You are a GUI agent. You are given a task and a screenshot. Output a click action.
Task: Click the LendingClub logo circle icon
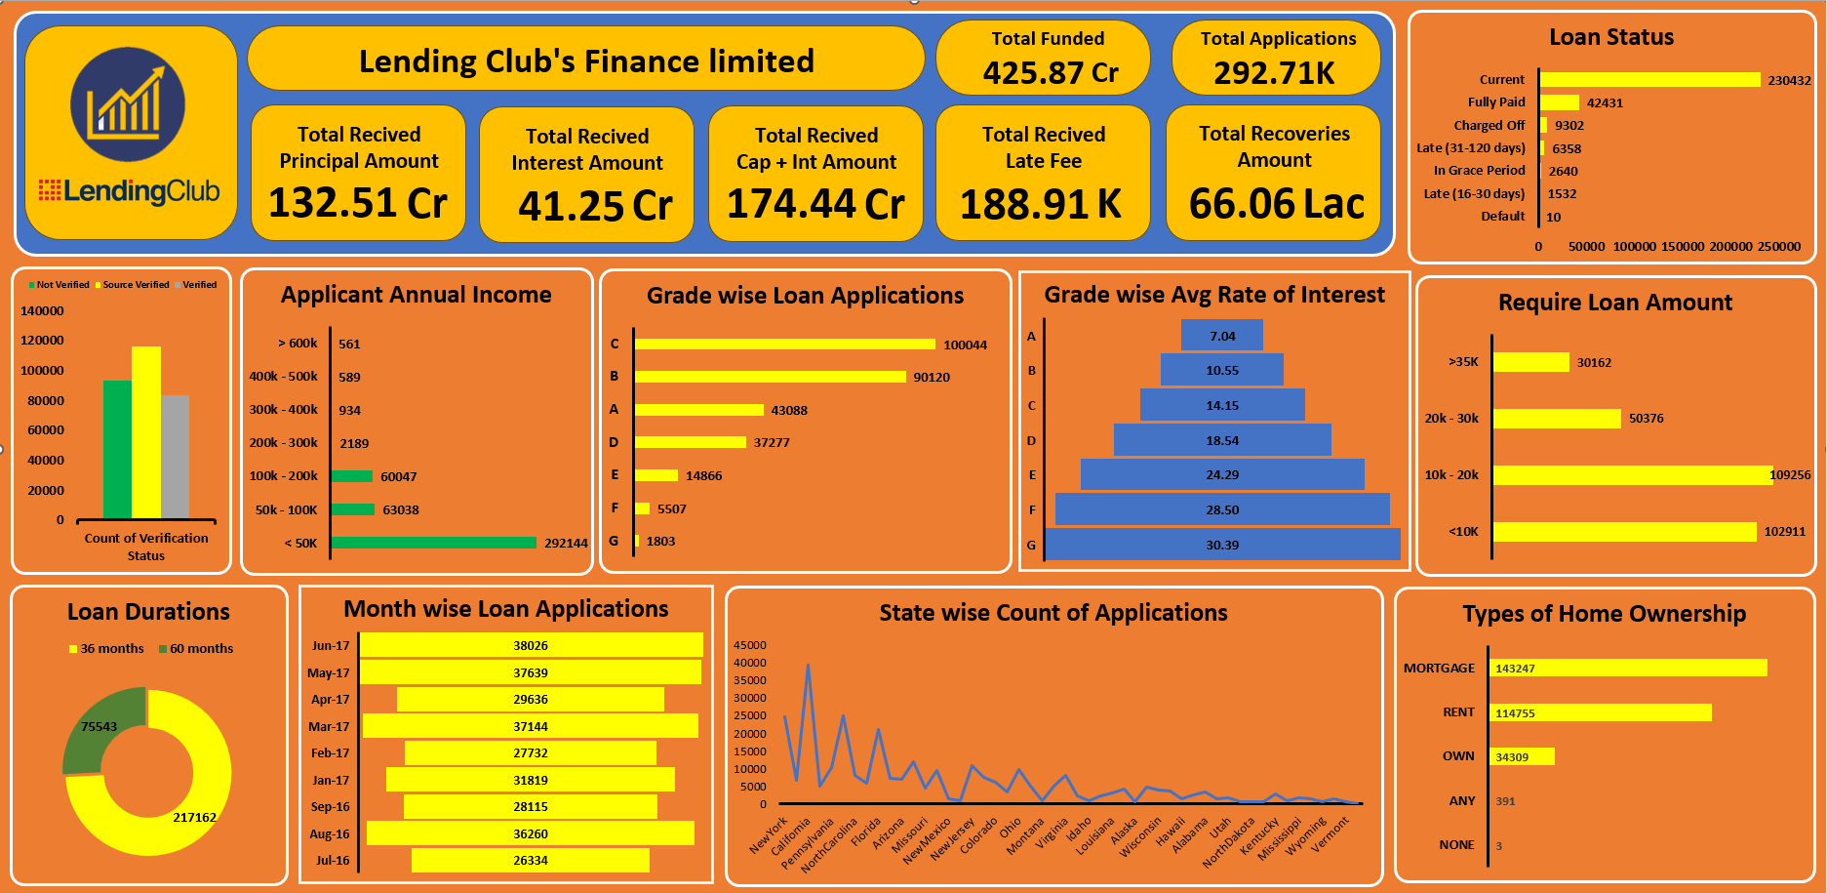click(x=128, y=104)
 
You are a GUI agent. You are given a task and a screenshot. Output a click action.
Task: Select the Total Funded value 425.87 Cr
click(x=1050, y=73)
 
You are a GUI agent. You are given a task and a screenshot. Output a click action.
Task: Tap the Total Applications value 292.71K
click(x=1274, y=73)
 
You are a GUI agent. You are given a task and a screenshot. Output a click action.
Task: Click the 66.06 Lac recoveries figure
click(x=1276, y=204)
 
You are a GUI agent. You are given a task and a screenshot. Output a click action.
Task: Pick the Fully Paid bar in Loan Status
click(x=1560, y=102)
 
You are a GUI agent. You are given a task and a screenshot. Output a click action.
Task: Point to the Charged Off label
click(x=1489, y=126)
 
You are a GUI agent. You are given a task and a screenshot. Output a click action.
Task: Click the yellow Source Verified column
click(x=146, y=432)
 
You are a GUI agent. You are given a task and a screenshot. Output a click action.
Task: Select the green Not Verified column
click(x=117, y=449)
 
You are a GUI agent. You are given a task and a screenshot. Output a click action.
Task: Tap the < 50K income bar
click(x=434, y=543)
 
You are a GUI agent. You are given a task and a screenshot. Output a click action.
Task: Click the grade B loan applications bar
click(x=770, y=377)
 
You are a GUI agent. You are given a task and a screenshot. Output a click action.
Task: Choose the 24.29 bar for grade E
click(x=1222, y=475)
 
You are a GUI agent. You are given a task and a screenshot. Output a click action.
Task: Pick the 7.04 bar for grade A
click(x=1222, y=336)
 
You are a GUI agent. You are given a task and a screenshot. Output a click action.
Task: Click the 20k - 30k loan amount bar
click(x=1557, y=419)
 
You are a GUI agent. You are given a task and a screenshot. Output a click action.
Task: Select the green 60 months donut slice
click(x=102, y=726)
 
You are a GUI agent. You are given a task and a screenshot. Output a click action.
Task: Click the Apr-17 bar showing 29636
click(x=531, y=700)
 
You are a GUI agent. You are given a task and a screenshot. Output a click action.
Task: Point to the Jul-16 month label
click(x=332, y=861)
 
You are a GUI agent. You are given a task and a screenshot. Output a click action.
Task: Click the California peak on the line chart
click(x=808, y=666)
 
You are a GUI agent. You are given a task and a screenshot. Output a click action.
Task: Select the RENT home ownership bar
click(x=1601, y=713)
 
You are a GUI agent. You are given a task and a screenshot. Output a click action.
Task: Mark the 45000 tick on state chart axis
click(x=750, y=646)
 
